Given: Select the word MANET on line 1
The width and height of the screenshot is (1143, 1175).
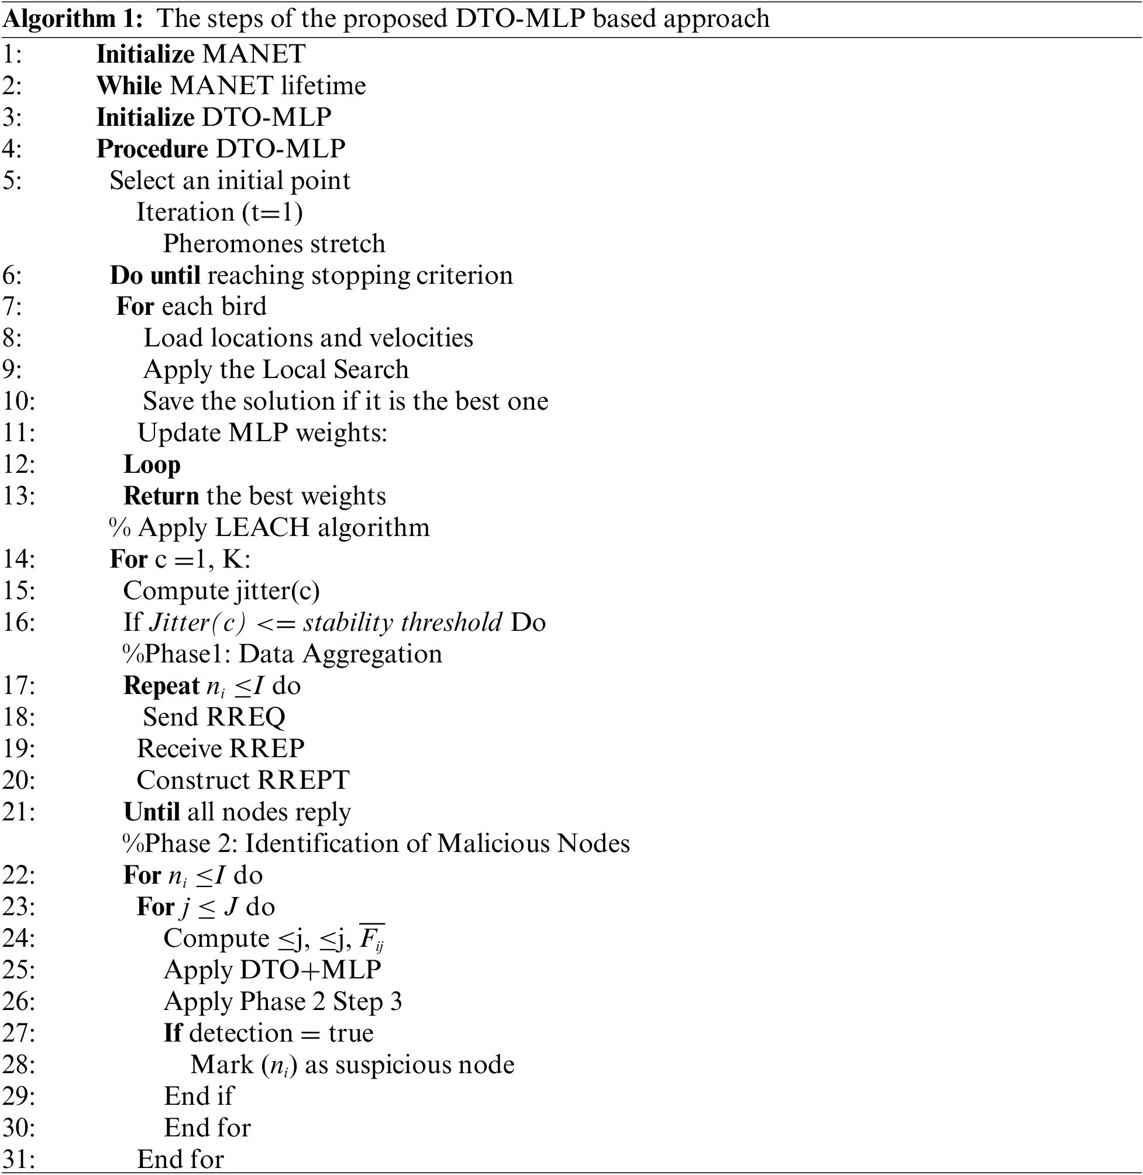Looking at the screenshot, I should coord(254,54).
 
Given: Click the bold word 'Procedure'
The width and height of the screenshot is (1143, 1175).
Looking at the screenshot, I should coord(153,149).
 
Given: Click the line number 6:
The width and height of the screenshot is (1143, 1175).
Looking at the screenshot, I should coord(13,276).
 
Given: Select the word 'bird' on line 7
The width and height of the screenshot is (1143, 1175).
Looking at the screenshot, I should coord(244,307).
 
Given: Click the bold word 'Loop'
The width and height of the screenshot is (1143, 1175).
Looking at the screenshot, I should coord(152,465).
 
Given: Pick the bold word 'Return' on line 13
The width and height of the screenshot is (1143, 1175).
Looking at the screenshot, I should coord(161,497).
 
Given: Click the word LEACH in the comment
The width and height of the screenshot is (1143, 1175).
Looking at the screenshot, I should coord(261,528).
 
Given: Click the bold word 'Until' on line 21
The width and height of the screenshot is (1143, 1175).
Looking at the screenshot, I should coord(152,812).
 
